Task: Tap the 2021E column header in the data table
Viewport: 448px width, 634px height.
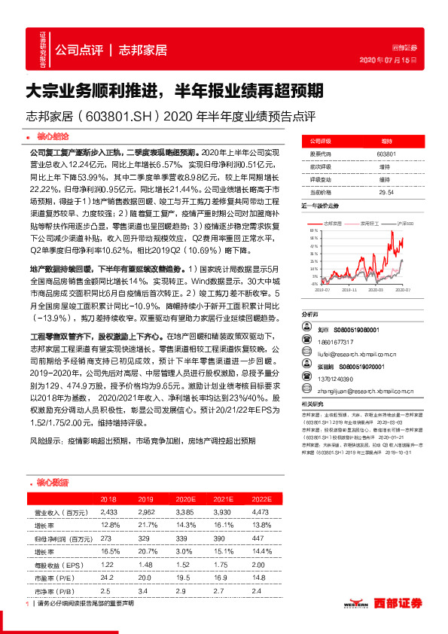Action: [222, 499]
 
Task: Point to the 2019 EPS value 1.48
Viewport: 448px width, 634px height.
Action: [146, 565]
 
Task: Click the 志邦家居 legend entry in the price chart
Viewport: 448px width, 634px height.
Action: [334, 224]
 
